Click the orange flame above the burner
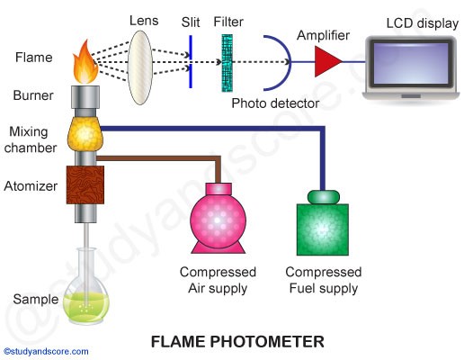tap(85, 63)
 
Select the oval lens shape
tap(140, 67)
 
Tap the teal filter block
tap(227, 63)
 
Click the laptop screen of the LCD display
tap(411, 63)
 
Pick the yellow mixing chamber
tap(85, 134)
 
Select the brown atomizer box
tap(85, 185)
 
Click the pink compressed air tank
tap(219, 219)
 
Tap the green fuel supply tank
tap(323, 223)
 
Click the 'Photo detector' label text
tap(275, 103)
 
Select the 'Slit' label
tap(191, 22)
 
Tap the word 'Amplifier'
tap(323, 35)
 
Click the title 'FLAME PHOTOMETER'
tap(237, 342)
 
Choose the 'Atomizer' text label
tap(31, 186)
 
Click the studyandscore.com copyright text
tap(46, 351)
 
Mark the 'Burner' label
tap(33, 95)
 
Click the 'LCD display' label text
tap(423, 23)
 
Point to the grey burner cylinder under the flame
tap(85, 97)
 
